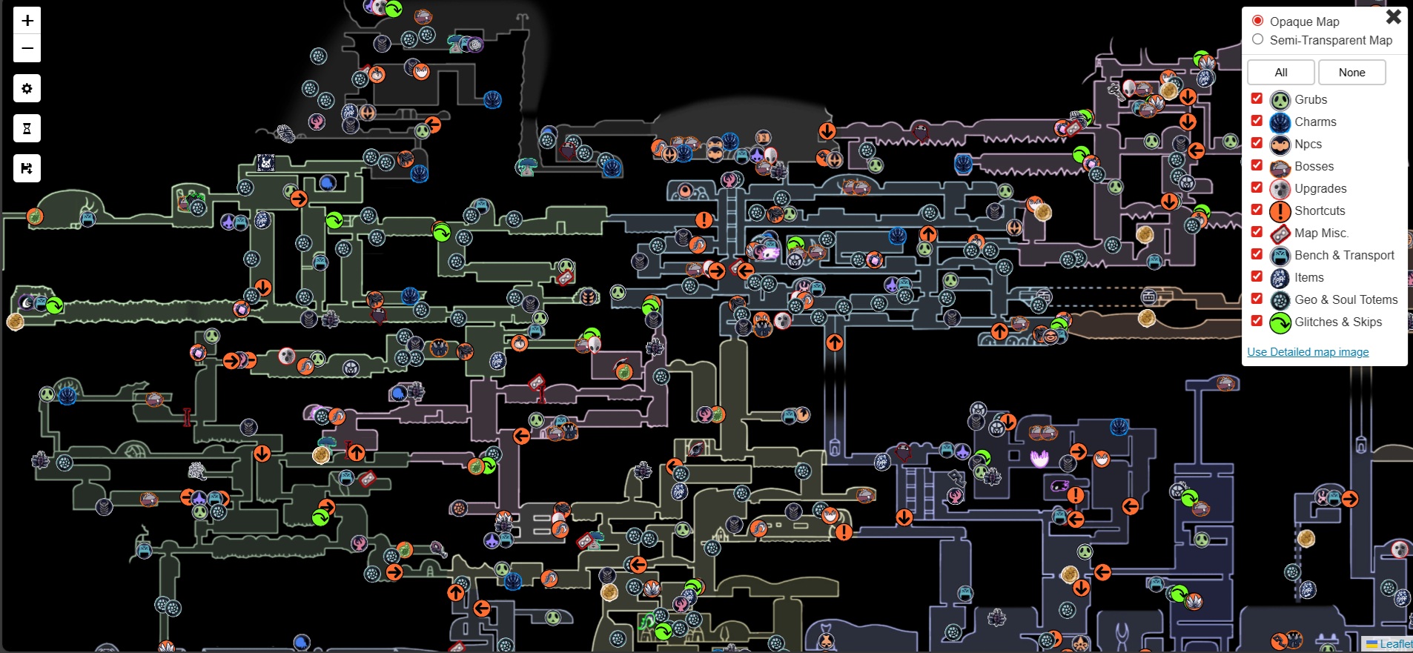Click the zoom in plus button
27,21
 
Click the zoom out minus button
27,49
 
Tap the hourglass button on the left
27,129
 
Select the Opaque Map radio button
1257,21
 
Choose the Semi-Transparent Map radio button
1257,39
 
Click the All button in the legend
1280,73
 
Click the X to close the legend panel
1393,16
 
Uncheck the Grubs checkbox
1257,99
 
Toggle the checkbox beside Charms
1257,121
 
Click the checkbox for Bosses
1257,165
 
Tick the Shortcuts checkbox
1257,210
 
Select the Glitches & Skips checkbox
1257,321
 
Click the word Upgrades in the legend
1320,188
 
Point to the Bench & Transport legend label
1344,255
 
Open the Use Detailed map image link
1308,352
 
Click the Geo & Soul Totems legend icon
1280,300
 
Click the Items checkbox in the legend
1257,276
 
